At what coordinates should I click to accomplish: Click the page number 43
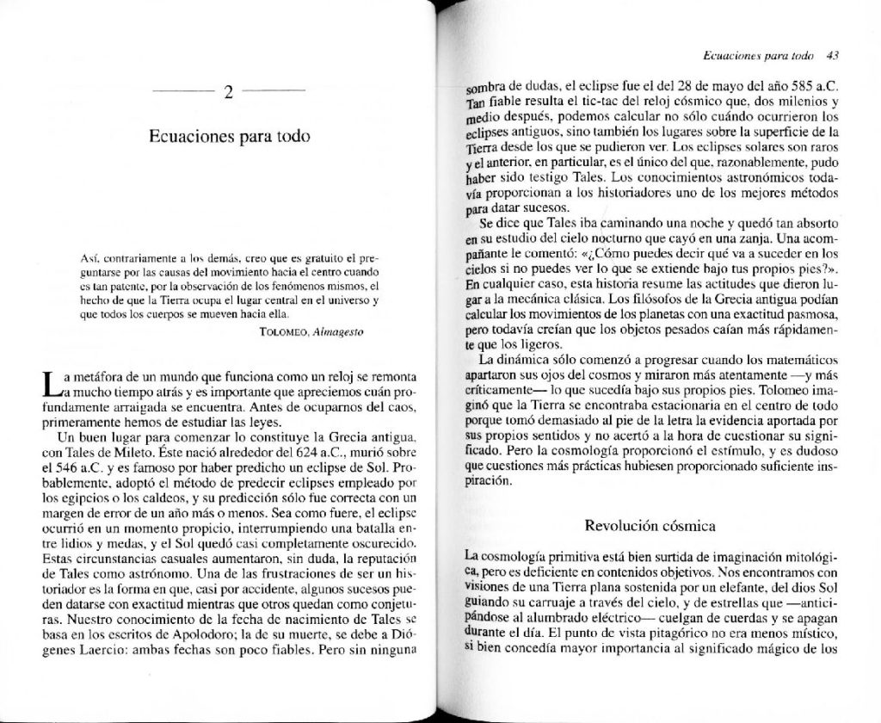pos(832,53)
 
